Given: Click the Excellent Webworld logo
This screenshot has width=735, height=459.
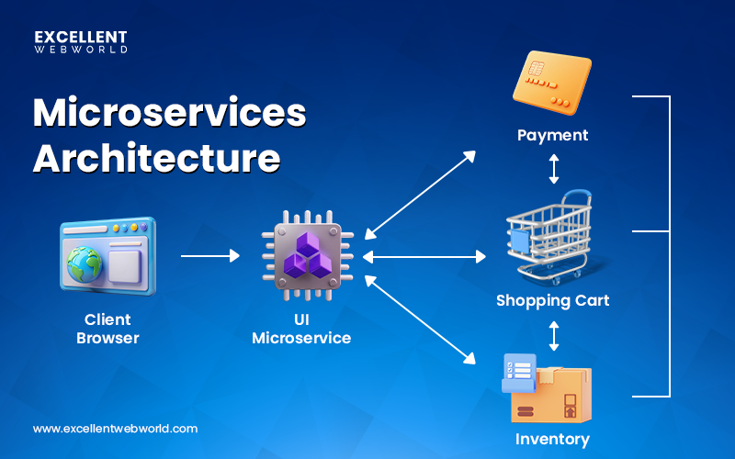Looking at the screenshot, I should (x=81, y=42).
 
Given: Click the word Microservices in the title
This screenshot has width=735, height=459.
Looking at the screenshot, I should (x=169, y=113).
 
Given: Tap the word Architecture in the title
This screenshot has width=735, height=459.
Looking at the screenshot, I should (x=156, y=157).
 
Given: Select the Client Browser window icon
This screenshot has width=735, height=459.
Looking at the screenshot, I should (x=107, y=256).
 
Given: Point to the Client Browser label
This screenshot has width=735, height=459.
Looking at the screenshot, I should (x=107, y=329).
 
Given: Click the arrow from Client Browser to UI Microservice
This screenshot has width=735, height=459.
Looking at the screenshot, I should (x=209, y=256).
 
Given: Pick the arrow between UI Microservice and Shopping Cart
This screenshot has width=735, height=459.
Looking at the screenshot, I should (x=424, y=257).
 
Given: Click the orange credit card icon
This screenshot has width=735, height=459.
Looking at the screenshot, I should (x=553, y=85).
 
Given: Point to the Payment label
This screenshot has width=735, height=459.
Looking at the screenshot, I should (x=552, y=136).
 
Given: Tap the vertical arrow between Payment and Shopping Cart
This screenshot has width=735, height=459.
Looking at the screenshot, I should (x=553, y=168).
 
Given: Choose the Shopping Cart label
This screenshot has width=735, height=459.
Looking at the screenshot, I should (x=552, y=300).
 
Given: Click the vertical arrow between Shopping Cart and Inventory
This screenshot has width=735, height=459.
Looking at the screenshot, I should (x=553, y=335).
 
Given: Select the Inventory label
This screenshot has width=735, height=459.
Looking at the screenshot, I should (x=552, y=439).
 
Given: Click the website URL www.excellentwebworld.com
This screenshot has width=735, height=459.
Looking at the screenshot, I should (x=115, y=428).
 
